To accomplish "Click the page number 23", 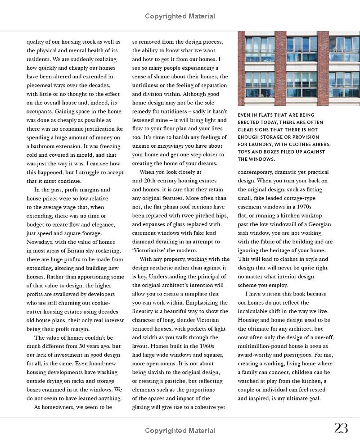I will [341, 428].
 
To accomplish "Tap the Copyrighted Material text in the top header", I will [180, 16].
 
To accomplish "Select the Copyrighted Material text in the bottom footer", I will [180, 431].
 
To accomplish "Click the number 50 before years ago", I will [77, 346].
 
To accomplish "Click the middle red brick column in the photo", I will [280, 68].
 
